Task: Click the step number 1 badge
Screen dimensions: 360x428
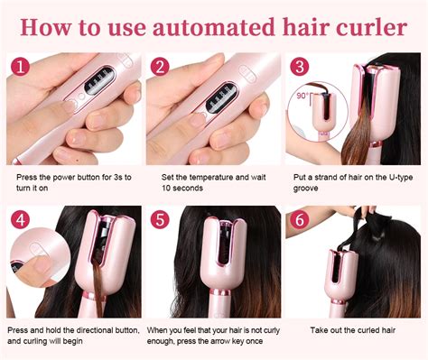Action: pyautogui.click(x=21, y=67)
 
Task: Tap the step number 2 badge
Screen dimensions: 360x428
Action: pyautogui.click(x=160, y=67)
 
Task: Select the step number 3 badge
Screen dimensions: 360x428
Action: pyautogui.click(x=299, y=67)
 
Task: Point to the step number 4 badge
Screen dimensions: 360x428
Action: pyautogui.click(x=21, y=218)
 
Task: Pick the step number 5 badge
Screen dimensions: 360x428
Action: pyautogui.click(x=160, y=218)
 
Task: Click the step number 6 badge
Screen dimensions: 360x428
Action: pyautogui.click(x=299, y=218)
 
